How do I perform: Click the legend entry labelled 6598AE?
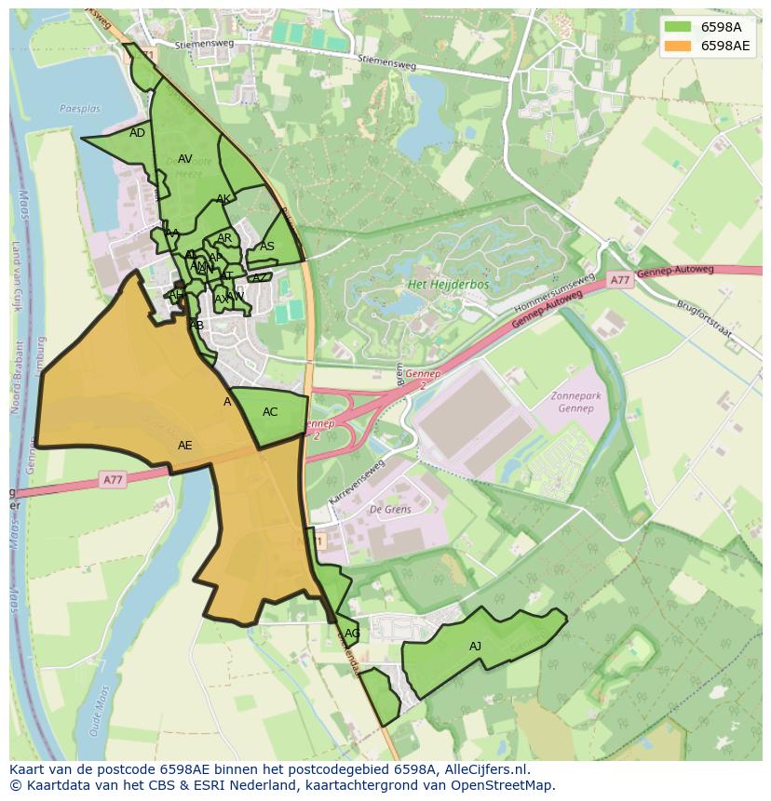click(x=725, y=46)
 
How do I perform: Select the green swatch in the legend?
click(x=679, y=27)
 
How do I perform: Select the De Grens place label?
click(x=390, y=509)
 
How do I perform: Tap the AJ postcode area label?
click(x=475, y=647)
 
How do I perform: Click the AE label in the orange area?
click(x=184, y=446)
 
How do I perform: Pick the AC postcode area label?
click(x=270, y=412)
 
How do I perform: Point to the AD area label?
click(x=137, y=133)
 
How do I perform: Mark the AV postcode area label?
click(x=184, y=159)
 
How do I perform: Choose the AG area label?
click(x=352, y=634)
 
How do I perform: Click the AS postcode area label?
click(x=267, y=247)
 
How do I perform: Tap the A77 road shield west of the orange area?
click(x=112, y=480)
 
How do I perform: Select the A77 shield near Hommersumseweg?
click(x=620, y=279)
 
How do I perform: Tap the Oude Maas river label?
click(x=98, y=712)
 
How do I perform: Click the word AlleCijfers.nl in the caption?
click(x=485, y=769)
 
